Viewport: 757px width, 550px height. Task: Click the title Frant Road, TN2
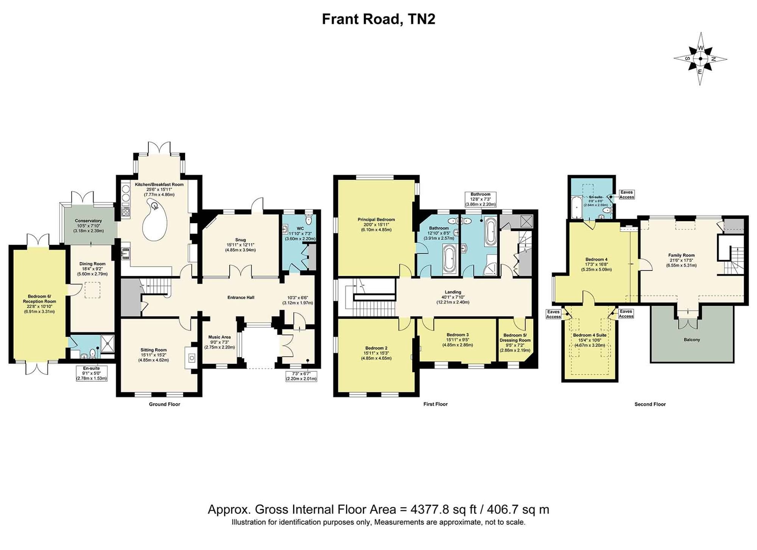tap(378, 19)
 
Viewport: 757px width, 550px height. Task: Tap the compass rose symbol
tap(700, 59)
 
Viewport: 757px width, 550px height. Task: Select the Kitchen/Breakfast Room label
tap(159, 185)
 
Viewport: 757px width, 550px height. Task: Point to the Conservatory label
tap(88, 221)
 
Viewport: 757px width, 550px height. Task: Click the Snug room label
tap(240, 240)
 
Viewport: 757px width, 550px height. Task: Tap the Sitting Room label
tap(153, 350)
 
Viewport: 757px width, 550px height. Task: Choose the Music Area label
tap(220, 337)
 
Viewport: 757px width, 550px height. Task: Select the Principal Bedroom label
tap(376, 219)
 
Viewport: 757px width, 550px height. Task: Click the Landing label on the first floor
tap(453, 292)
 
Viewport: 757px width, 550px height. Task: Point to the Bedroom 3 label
tap(458, 335)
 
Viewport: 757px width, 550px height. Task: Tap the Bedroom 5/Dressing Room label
tap(515, 337)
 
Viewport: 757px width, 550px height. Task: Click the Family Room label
tap(681, 255)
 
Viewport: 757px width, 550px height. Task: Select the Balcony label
tap(692, 340)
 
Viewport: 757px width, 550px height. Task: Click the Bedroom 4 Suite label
tap(590, 335)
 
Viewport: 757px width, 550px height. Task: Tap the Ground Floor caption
tap(164, 404)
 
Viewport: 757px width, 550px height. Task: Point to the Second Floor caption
tap(650, 404)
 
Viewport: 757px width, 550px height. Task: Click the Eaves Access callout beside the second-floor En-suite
tap(626, 194)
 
